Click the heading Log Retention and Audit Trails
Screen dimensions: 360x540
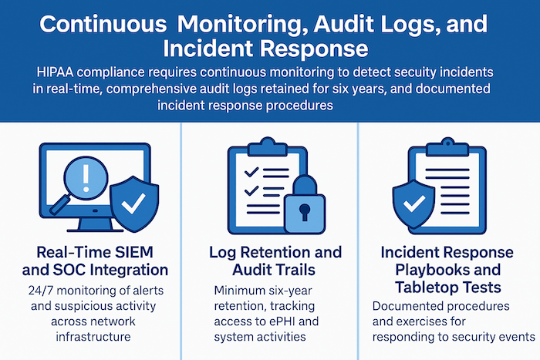269,261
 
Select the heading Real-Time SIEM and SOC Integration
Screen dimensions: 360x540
89,261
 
